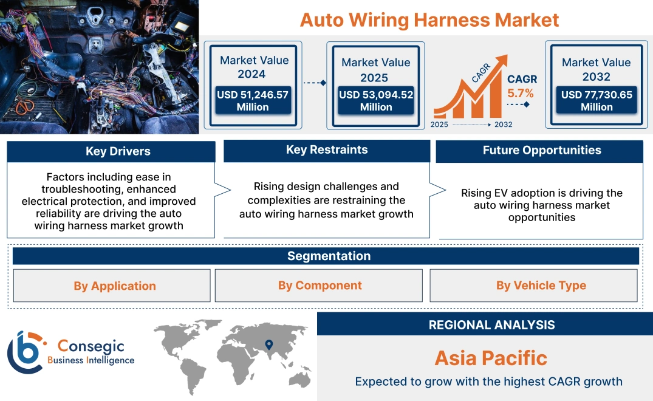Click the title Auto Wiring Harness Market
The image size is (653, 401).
pos(429,19)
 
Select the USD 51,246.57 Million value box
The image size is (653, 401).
pos(252,101)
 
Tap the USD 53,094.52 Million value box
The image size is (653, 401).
pos(375,101)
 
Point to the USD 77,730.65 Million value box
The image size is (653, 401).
pos(597,101)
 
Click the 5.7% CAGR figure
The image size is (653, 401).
pos(521,93)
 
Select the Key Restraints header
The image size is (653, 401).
pos(327,150)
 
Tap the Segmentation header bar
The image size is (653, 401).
pos(329,256)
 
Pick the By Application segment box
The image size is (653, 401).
pos(114,286)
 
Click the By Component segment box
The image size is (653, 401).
pos(320,286)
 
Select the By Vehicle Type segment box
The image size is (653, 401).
pos(541,286)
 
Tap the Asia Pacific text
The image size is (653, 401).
pos(491,358)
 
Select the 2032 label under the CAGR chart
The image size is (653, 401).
pos(503,125)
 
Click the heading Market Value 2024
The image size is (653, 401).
pos(254,67)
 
